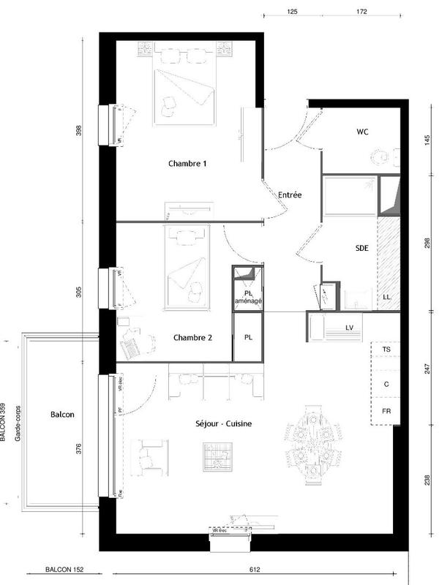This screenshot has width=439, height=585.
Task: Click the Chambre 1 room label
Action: coord(187,164)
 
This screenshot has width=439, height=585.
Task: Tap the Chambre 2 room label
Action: coord(193,338)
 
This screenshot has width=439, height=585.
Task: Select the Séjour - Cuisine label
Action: coord(227,424)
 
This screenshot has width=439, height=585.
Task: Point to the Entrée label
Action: coord(290,195)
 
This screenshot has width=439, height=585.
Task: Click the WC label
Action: coord(362,132)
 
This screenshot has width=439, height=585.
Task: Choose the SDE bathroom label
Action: coord(361,248)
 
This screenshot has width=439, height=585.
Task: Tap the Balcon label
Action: coord(62,414)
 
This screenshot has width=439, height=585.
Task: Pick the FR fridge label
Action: coord(386,412)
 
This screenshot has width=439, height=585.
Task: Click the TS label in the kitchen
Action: coord(386,351)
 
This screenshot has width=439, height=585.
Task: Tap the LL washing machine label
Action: coord(386,297)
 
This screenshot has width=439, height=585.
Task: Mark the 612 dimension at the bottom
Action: coord(255,569)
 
